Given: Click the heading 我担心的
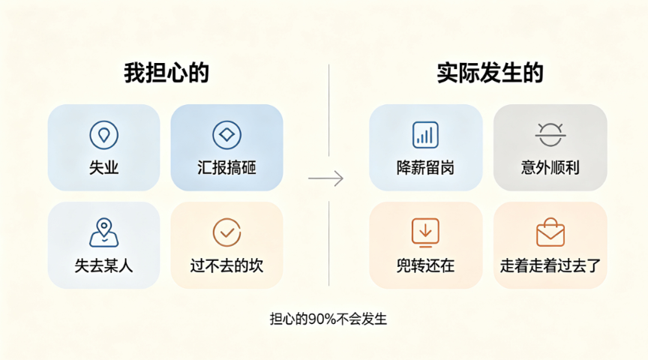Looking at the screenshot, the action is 166,73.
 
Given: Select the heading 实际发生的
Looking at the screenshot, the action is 490,73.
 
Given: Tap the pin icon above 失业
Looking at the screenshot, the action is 103,135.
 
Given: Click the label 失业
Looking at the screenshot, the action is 103,168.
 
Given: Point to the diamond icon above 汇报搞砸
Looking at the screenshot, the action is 227,135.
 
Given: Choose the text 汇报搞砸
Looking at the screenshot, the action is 227,168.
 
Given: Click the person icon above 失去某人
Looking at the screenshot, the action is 103,232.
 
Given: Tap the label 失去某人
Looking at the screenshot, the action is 103,265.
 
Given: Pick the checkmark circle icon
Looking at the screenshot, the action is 227,232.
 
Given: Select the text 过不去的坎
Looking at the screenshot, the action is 227,265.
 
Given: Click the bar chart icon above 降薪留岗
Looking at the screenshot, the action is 425,135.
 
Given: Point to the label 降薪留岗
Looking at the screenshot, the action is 425,168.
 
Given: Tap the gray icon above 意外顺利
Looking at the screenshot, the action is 550,134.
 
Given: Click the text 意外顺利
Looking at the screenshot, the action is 550,168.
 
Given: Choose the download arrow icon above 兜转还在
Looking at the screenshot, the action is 425,232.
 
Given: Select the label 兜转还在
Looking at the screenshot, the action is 425,265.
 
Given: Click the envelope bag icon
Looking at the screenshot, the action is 550,232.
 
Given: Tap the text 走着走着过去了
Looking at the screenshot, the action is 550,265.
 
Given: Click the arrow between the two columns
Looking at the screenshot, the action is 325,178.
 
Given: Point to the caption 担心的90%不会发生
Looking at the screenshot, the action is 328,319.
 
